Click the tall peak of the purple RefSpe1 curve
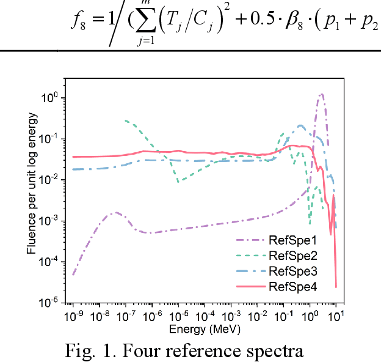(321, 95)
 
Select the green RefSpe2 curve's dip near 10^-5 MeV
(178, 181)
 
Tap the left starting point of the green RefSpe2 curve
(125, 120)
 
